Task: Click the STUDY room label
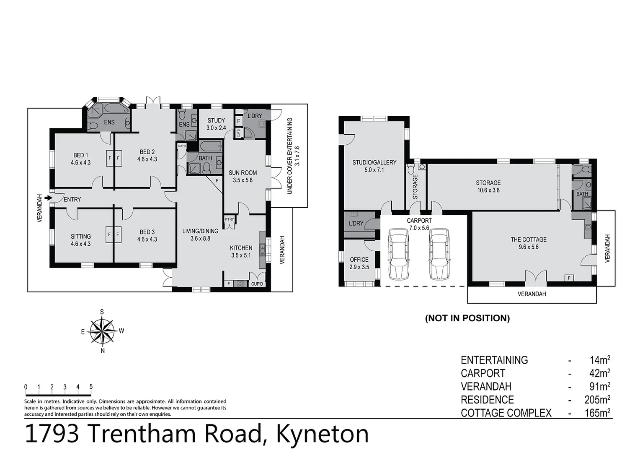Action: [x=216, y=120]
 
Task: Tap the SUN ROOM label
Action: [x=243, y=172]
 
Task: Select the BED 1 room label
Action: [x=80, y=155]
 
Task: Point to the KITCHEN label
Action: [x=241, y=248]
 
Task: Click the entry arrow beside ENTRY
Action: [x=49, y=198]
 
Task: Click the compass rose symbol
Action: [x=103, y=331]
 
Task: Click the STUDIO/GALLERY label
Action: [x=374, y=162]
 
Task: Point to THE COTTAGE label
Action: [x=528, y=240]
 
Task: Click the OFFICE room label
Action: [x=359, y=260]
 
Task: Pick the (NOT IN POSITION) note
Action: [x=467, y=318]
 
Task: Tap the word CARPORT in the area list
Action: [x=483, y=373]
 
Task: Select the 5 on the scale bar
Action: [x=91, y=387]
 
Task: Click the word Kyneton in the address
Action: [x=322, y=434]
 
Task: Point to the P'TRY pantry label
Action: [x=229, y=219]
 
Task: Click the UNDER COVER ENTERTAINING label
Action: [x=289, y=156]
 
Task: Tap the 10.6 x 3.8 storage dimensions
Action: [x=488, y=190]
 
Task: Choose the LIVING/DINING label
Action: [x=200, y=231]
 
